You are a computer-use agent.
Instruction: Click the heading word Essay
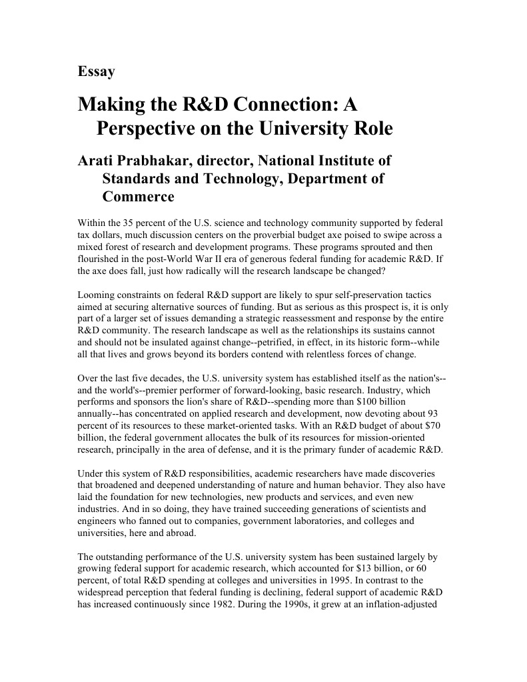(96, 72)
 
